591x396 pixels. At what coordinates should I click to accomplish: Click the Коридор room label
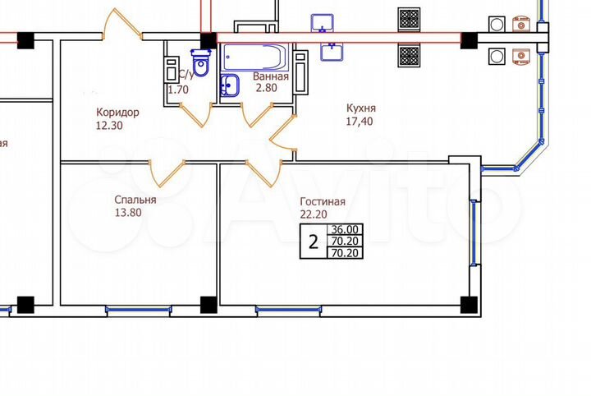tap(117, 113)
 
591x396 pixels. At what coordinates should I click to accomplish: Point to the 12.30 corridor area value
tap(111, 126)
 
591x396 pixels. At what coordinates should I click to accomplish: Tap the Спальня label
tap(135, 199)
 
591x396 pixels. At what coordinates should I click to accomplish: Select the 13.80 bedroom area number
tap(129, 212)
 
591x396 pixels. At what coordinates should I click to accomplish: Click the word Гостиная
tap(322, 201)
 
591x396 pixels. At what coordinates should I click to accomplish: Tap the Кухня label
tap(361, 108)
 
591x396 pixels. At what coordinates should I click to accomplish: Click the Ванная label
tap(270, 78)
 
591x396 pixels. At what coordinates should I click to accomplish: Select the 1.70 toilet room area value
tap(178, 90)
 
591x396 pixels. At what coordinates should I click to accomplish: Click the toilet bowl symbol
tap(199, 62)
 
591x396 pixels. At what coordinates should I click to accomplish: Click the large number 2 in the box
tap(313, 242)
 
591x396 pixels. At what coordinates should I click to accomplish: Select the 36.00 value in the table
tap(344, 230)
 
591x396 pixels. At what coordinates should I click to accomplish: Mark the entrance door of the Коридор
tap(124, 25)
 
